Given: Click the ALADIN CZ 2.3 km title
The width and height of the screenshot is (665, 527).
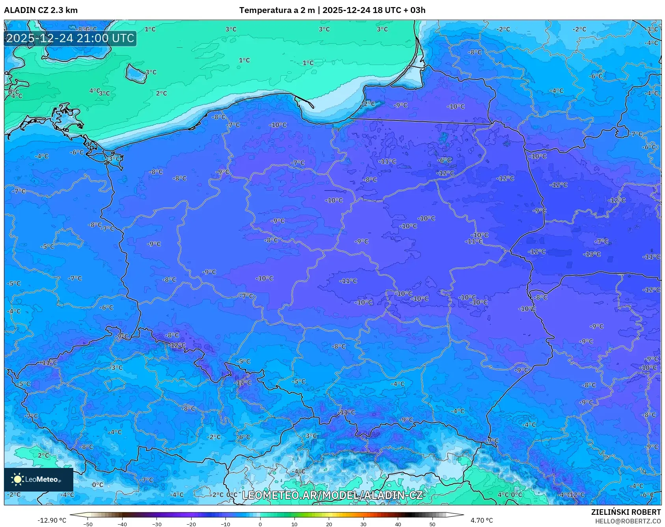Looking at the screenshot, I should tap(41, 10).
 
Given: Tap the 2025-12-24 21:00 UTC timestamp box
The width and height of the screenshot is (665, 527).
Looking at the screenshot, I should tap(70, 38).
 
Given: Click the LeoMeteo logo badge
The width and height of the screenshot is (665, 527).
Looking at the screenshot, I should tap(38, 479).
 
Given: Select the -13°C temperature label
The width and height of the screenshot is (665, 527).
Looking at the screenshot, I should tap(592, 254).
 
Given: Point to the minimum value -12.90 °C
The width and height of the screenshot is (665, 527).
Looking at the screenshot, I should tap(52, 520).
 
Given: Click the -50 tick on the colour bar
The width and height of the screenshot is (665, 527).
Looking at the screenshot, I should tap(88, 524).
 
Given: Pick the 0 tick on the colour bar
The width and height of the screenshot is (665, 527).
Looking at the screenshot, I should tap(260, 524).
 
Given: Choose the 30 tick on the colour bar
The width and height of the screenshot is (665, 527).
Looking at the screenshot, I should tap(363, 524).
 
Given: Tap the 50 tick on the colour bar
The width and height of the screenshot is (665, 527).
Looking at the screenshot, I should tap(432, 524).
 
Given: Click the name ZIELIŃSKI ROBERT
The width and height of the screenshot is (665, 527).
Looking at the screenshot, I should tap(626, 512).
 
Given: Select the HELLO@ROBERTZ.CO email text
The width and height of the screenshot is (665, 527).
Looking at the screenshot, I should tap(628, 521).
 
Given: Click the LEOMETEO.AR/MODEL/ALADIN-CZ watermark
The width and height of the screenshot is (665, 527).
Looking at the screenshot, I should tap(332, 495).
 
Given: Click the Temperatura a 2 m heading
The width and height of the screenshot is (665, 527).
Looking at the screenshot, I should tap(277, 10).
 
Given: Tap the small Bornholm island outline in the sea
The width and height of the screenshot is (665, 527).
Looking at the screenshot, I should tap(136, 74).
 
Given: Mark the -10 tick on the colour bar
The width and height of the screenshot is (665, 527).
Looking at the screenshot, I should tap(225, 524).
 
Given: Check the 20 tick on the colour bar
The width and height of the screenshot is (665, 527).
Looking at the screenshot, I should tap(329, 524).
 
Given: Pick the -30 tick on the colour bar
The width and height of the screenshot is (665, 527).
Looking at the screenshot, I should tap(157, 524).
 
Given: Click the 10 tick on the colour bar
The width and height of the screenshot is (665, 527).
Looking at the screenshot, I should tap(294, 524).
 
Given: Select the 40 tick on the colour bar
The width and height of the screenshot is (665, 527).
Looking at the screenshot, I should tap(398, 524).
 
